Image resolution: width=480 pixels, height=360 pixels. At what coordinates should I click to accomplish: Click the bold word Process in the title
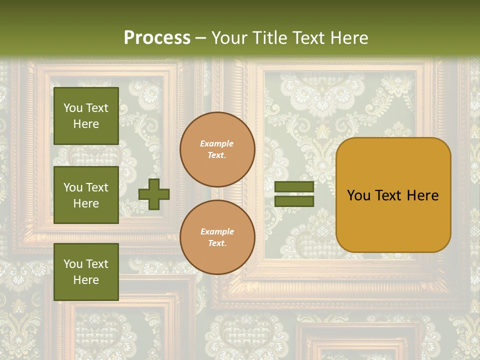[157, 38]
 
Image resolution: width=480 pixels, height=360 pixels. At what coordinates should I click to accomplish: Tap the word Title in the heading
[268, 38]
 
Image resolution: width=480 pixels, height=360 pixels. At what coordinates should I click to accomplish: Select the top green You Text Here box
[86, 116]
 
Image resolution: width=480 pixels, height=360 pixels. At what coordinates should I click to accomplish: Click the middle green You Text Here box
[86, 195]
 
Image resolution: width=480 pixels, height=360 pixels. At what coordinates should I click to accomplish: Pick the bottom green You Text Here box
[86, 271]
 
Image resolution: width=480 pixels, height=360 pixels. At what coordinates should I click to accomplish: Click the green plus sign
[154, 194]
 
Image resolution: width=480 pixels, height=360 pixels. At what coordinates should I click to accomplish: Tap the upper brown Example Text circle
[217, 149]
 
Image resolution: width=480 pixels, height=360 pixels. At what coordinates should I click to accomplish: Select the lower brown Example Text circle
[217, 237]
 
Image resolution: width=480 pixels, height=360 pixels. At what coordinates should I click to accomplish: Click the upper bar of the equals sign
[294, 187]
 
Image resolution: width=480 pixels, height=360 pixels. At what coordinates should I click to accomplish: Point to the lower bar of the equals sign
[294, 201]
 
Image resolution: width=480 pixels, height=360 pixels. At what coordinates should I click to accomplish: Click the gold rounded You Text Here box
[393, 195]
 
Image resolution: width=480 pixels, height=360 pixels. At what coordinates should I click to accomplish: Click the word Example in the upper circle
[217, 143]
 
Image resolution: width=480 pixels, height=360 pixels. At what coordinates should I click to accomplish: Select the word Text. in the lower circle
[217, 243]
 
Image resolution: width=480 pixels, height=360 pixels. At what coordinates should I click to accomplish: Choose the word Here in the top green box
[86, 124]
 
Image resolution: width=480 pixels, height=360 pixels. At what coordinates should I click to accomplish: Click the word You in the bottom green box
[73, 263]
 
